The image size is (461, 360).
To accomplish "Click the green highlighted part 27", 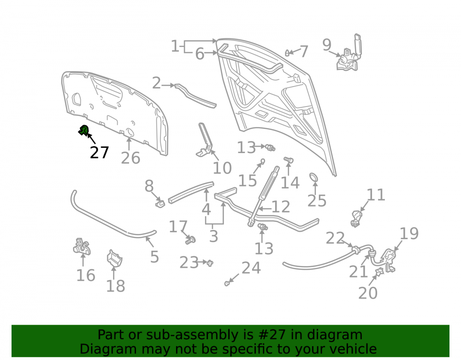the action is (84, 130).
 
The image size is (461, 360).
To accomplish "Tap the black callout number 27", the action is (100, 153).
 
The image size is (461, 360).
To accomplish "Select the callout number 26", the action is (130, 158).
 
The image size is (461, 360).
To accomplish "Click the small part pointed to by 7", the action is (287, 53).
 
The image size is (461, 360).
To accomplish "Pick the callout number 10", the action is (222, 168).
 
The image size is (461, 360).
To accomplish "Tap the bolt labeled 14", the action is (289, 160).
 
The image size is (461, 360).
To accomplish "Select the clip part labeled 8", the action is (160, 203).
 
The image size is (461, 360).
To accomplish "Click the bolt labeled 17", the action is (190, 240).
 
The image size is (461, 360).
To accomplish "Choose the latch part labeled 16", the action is (82, 246).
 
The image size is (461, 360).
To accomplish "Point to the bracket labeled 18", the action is (114, 258).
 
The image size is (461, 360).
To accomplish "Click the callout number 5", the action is (154, 257).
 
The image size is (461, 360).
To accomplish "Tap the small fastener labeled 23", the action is (210, 263).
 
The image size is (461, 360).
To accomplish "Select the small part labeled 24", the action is (227, 283).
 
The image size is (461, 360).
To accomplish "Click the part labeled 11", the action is (357, 219).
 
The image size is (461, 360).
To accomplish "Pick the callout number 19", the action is (409, 234).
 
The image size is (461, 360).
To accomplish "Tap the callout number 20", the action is (368, 293).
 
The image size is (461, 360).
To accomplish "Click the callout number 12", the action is (281, 207).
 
